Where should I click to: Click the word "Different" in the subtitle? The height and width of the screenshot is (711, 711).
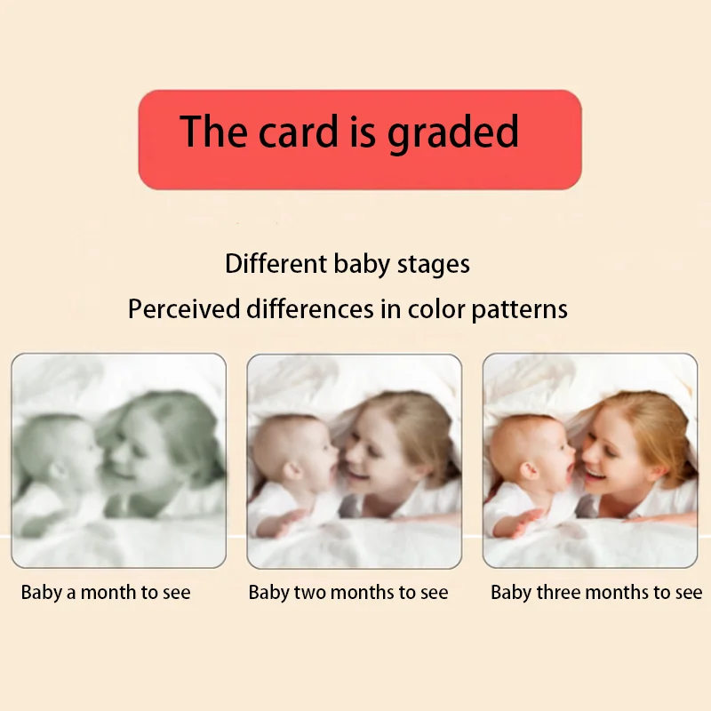[276, 264]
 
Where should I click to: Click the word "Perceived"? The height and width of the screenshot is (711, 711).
[184, 309]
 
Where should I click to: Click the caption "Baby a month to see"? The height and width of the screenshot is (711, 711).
[106, 593]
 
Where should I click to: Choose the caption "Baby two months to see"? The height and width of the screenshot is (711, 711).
[348, 593]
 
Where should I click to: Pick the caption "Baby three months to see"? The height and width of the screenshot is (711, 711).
[596, 593]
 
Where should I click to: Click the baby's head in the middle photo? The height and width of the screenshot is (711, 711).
[294, 458]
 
